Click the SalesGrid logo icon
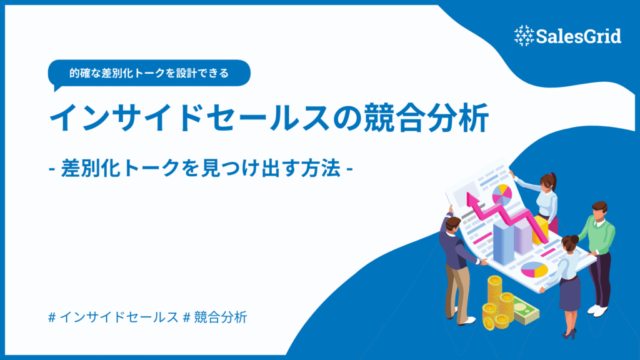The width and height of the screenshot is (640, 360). pyautogui.click(x=523, y=36)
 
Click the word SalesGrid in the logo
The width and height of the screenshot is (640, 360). pyautogui.click(x=578, y=36)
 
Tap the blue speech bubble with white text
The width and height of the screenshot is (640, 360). pyautogui.click(x=149, y=72)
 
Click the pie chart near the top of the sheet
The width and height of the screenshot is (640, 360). pyautogui.click(x=501, y=194)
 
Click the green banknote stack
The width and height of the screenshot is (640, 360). pyautogui.click(x=522, y=316)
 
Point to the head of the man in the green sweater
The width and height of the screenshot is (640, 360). pyautogui.click(x=599, y=210)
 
